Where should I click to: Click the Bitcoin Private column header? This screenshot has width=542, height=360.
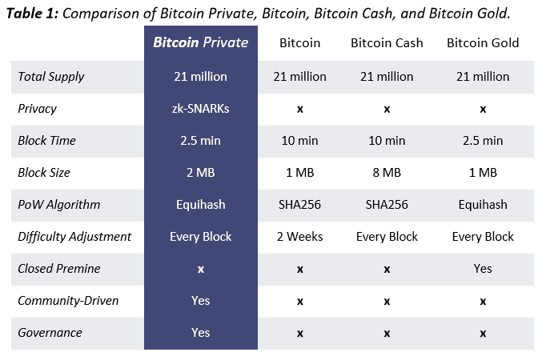click(x=200, y=42)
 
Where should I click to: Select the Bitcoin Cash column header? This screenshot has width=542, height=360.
click(x=387, y=42)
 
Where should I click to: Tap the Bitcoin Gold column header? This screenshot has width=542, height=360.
click(x=483, y=42)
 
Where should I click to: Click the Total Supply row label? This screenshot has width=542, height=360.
click(x=50, y=77)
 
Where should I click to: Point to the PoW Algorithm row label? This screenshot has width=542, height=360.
click(x=58, y=205)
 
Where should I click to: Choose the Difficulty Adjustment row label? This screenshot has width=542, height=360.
click(x=74, y=237)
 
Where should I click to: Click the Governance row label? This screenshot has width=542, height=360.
click(x=50, y=333)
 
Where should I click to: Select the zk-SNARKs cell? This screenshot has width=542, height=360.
click(x=200, y=109)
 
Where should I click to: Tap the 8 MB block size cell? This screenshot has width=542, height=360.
click(x=387, y=173)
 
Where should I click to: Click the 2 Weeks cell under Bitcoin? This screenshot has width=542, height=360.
click(x=299, y=237)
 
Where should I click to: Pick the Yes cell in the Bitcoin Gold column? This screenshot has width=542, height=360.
click(x=483, y=269)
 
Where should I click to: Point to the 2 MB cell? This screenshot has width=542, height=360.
click(x=200, y=173)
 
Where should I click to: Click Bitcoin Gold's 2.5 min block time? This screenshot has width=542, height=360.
click(x=483, y=141)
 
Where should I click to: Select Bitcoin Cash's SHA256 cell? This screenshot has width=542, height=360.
click(x=387, y=205)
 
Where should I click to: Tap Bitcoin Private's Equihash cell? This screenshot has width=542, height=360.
click(x=200, y=205)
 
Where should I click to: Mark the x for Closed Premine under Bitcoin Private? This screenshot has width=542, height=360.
click(x=200, y=270)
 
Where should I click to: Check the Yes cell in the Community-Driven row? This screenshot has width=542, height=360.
click(x=200, y=301)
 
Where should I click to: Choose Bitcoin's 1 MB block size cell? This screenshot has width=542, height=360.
click(x=299, y=173)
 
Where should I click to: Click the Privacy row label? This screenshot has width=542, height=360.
click(x=38, y=109)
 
